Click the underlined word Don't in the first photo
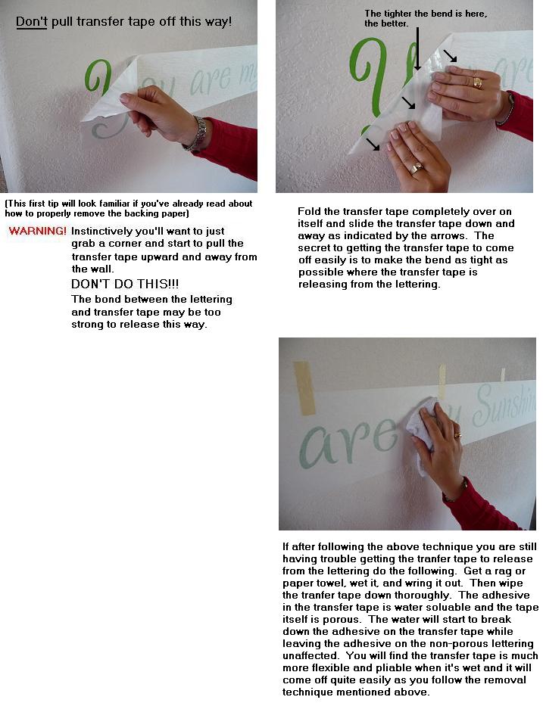(31, 22)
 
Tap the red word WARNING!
(37, 231)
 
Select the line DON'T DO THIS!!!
(125, 284)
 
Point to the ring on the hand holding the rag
(457, 435)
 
